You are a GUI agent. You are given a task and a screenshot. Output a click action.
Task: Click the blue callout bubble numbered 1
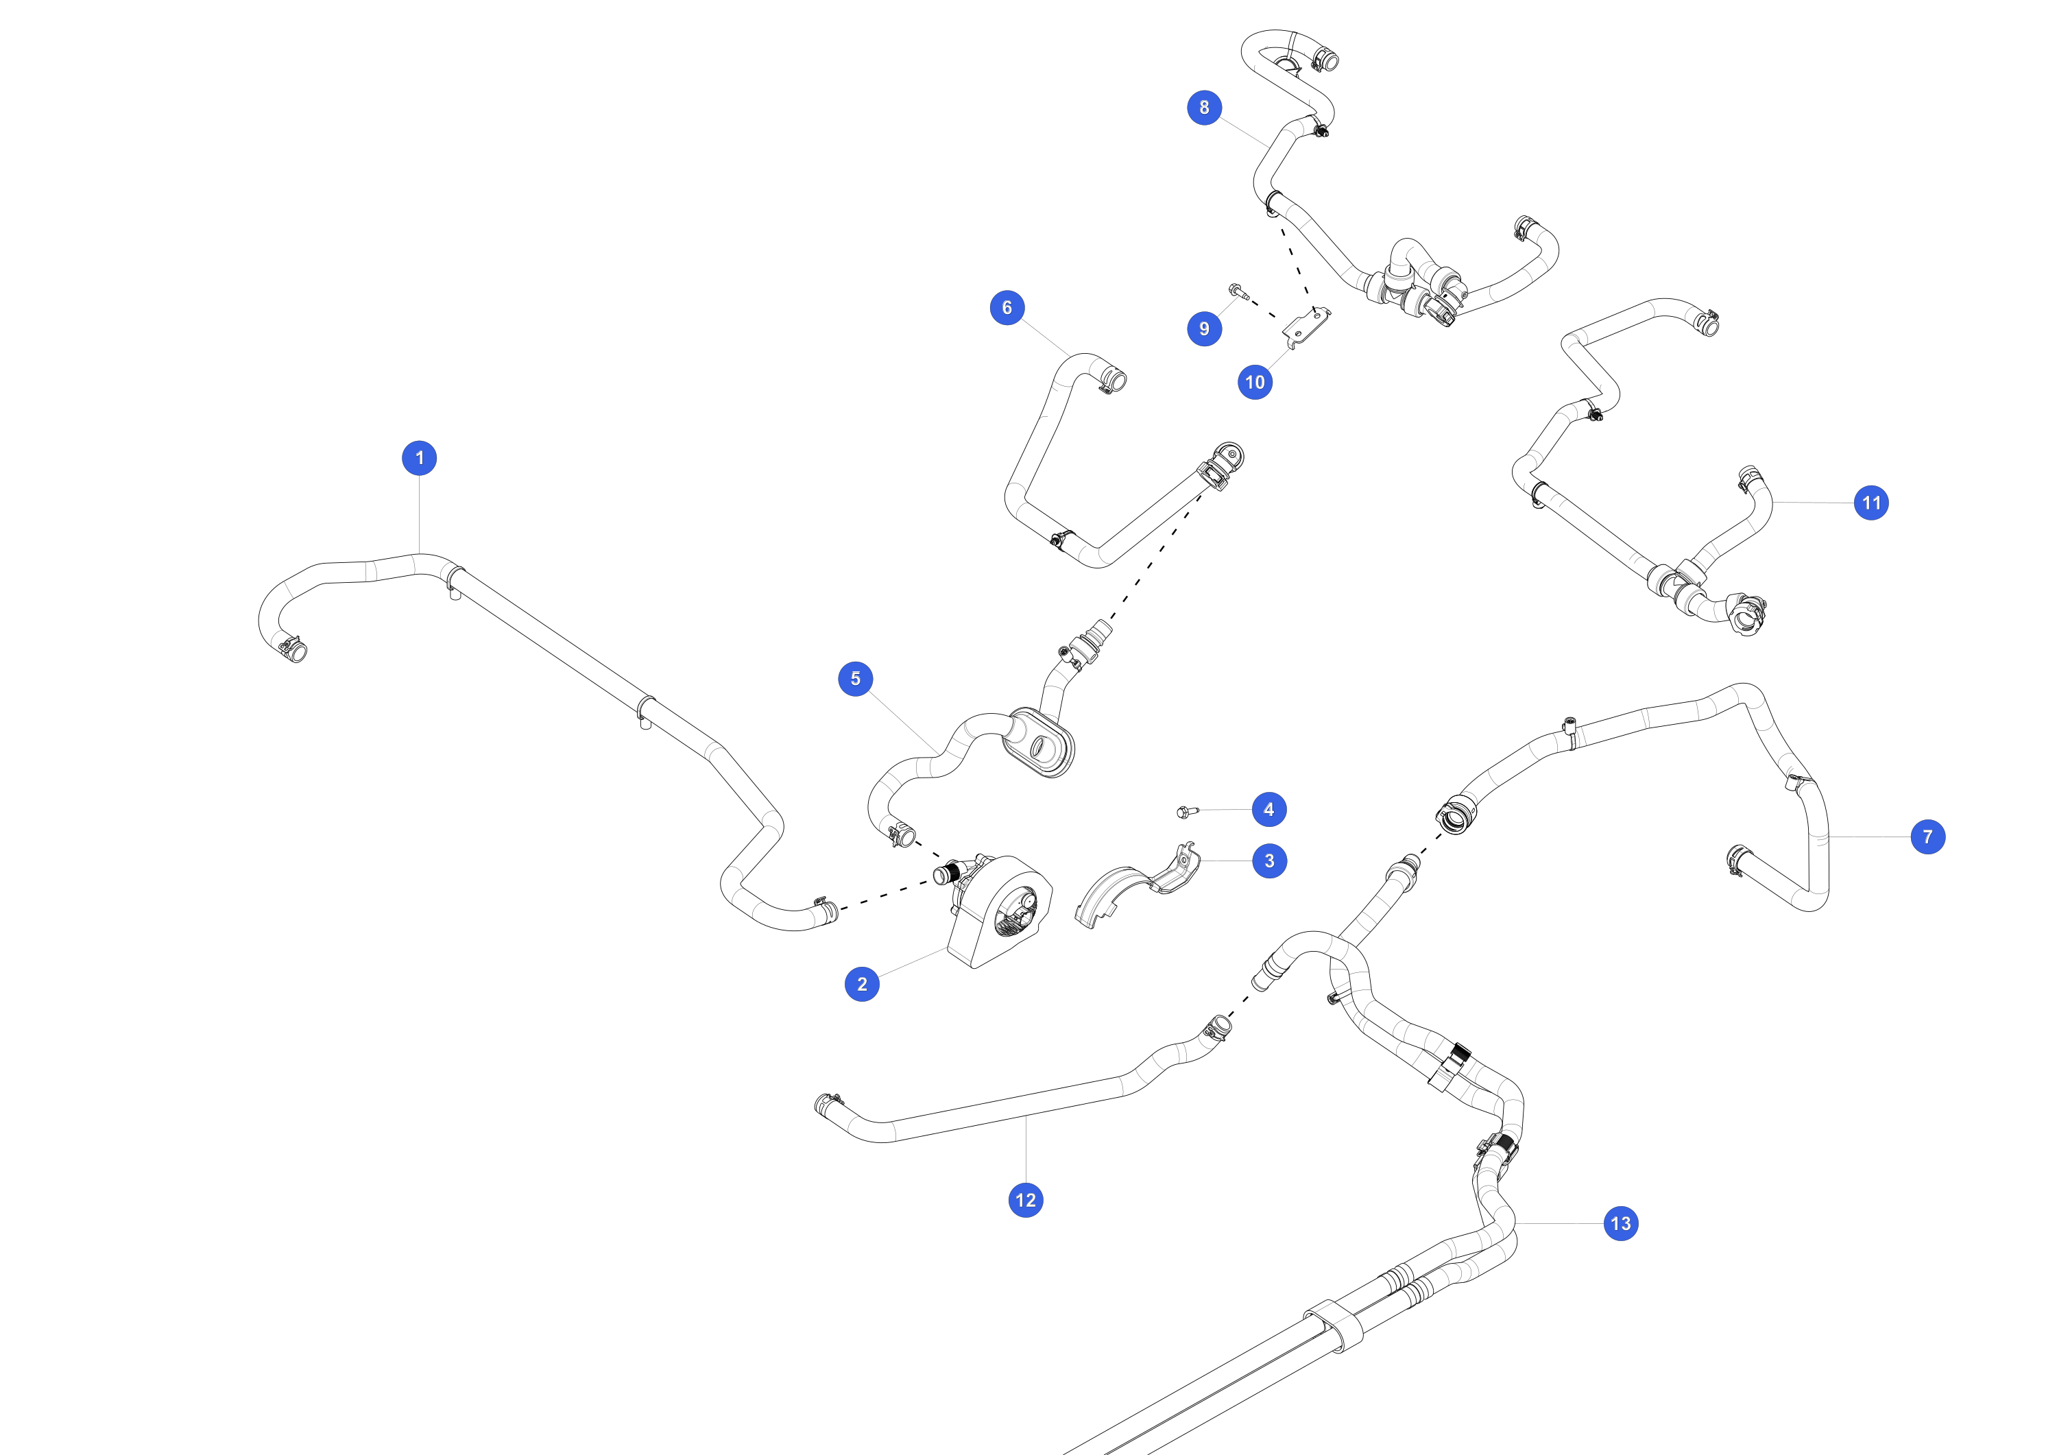click(x=419, y=458)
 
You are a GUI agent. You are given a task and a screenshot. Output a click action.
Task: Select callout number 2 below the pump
click(x=862, y=984)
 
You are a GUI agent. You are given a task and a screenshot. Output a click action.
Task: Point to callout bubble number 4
click(x=1268, y=810)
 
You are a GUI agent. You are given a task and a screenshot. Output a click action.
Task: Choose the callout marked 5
click(x=856, y=679)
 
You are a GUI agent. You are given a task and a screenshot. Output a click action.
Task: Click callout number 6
click(x=1007, y=307)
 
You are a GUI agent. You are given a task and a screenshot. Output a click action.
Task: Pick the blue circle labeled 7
click(x=1928, y=837)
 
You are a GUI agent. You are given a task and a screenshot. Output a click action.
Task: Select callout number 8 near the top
click(x=1204, y=108)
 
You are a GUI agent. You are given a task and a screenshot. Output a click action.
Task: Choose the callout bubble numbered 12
click(x=1026, y=1201)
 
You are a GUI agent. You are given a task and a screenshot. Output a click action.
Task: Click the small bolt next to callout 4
click(x=1187, y=812)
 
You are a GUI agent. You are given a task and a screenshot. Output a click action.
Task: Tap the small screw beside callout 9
click(x=1239, y=291)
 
